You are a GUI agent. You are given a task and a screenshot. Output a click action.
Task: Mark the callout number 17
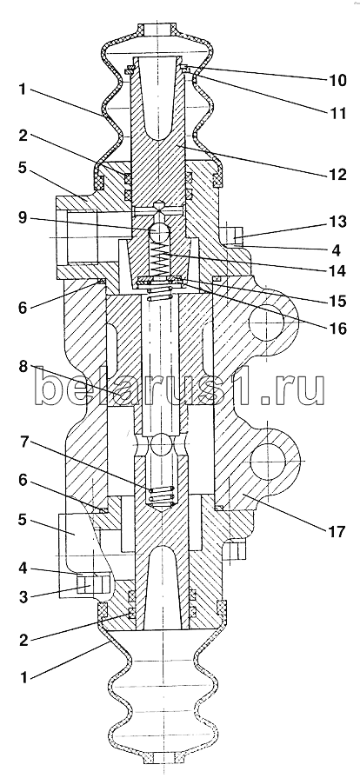pyautogui.click(x=336, y=532)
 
